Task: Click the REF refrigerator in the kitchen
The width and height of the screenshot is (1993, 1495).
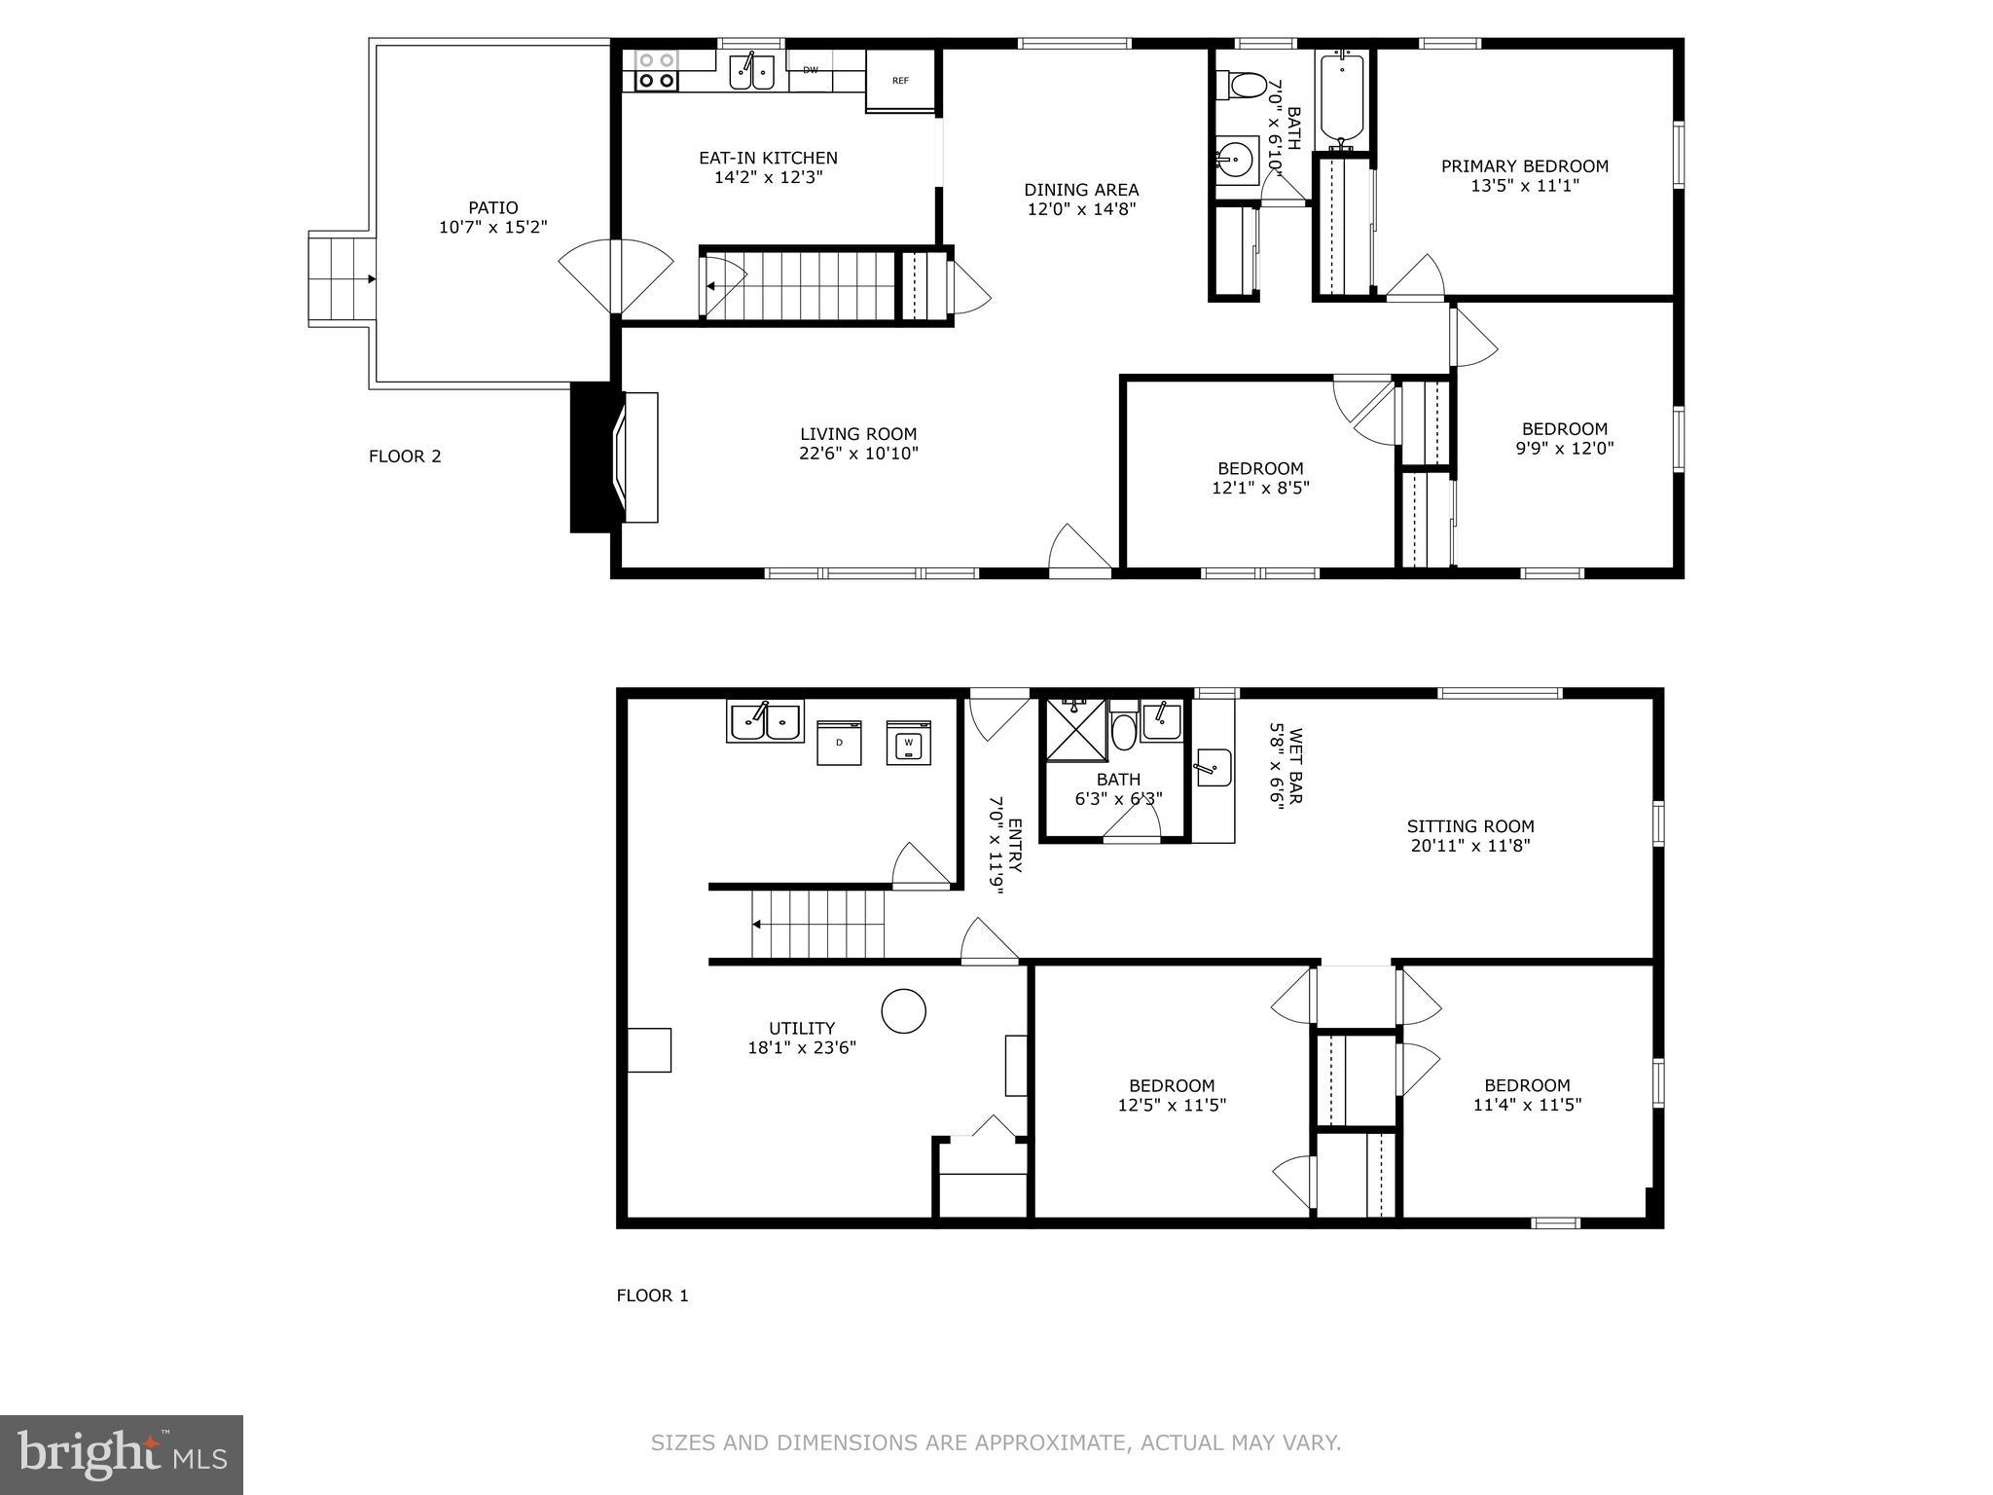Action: pyautogui.click(x=900, y=81)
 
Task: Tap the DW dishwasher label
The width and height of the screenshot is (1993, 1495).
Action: pyautogui.click(x=811, y=69)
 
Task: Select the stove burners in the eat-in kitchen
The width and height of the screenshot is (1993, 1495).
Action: pyautogui.click(x=656, y=71)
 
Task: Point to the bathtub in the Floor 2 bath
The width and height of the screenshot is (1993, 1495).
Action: pyautogui.click(x=1342, y=98)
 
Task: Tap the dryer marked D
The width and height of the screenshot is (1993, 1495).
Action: pyautogui.click(x=839, y=743)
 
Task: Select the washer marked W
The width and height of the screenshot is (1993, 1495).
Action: pyautogui.click(x=908, y=743)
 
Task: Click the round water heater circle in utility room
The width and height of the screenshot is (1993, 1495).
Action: pyautogui.click(x=903, y=1011)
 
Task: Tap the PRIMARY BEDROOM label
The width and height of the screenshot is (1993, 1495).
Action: pyautogui.click(x=1524, y=166)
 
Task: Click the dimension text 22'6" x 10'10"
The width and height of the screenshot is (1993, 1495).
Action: pyautogui.click(x=857, y=454)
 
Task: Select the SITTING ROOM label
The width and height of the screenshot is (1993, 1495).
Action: pyautogui.click(x=1469, y=826)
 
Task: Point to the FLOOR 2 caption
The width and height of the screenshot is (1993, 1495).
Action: pyautogui.click(x=405, y=456)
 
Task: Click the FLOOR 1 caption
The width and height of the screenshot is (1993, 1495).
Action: pyautogui.click(x=652, y=1295)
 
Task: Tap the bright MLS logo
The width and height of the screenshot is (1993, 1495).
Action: pyautogui.click(x=121, y=1455)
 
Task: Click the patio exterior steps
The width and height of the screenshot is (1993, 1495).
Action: pyautogui.click(x=338, y=279)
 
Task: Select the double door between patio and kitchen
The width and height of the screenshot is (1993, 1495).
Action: pyautogui.click(x=616, y=277)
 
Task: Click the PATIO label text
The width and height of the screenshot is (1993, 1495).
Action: pyautogui.click(x=492, y=207)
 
